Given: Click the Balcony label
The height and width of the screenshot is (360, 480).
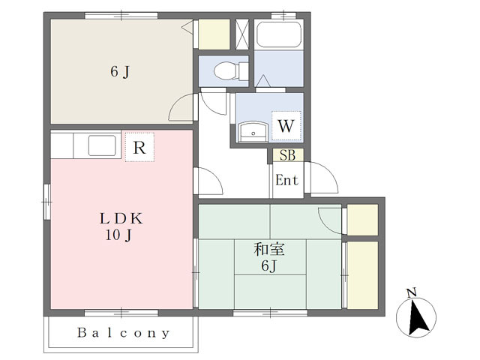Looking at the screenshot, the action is (123, 333).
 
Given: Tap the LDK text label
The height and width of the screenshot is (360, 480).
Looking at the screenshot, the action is (121, 218).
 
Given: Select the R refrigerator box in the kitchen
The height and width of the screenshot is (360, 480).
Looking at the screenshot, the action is (139, 147).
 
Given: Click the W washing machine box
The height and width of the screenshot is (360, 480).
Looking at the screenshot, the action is (286, 125).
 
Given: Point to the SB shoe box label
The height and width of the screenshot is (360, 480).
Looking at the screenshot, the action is (288, 155).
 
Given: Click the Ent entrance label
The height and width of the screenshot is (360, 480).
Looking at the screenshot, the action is (286, 180).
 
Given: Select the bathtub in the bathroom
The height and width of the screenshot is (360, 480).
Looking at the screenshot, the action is (278, 34).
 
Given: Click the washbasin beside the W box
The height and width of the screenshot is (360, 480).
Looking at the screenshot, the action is (253, 132).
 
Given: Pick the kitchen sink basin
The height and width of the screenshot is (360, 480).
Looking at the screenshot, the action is (102, 145).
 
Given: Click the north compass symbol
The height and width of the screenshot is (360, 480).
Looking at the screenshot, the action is (416, 317).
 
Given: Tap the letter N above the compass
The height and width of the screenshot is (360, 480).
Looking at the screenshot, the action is (412, 292).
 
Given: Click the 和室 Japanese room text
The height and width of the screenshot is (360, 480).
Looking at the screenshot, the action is (269, 249).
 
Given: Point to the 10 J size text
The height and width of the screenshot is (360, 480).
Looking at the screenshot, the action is (118, 235).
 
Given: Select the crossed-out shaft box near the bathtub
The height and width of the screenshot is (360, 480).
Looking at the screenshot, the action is (242, 34).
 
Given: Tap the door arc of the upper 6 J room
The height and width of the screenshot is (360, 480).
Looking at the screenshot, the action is (176, 103).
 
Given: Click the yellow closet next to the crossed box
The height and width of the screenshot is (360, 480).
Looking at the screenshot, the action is (214, 34).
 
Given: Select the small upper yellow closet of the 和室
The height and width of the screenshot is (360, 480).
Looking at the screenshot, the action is (362, 220).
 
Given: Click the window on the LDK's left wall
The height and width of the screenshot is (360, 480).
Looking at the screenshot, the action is (46, 202).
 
